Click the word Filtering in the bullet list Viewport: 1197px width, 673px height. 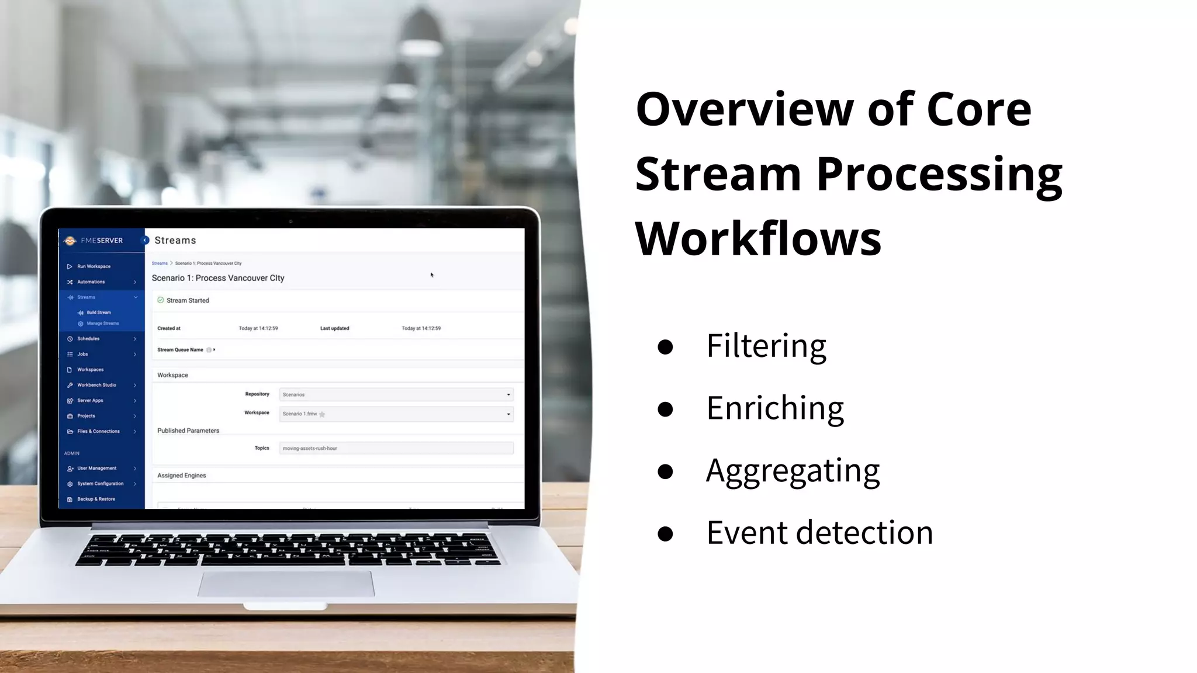(766, 346)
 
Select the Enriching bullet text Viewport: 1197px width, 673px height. (774, 408)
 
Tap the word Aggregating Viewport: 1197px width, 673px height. (793, 470)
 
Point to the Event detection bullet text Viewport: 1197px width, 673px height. (819, 533)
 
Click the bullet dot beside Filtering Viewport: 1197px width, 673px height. (665, 347)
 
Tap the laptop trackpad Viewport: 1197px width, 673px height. (286, 584)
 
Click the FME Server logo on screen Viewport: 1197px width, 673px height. (70, 241)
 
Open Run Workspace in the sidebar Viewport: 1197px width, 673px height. (94, 266)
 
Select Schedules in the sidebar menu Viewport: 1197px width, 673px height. (88, 339)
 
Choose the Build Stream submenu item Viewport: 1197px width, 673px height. (99, 313)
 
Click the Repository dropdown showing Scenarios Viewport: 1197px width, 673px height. (396, 395)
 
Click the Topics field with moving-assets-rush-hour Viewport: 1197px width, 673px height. (396, 449)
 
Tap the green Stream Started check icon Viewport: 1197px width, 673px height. (161, 300)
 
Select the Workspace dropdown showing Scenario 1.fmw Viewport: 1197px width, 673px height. (396, 414)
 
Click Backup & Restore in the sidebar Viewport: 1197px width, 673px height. (96, 499)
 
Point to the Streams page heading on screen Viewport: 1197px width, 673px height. (175, 241)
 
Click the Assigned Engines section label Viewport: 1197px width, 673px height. (182, 476)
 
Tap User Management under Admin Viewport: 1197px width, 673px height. (96, 469)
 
